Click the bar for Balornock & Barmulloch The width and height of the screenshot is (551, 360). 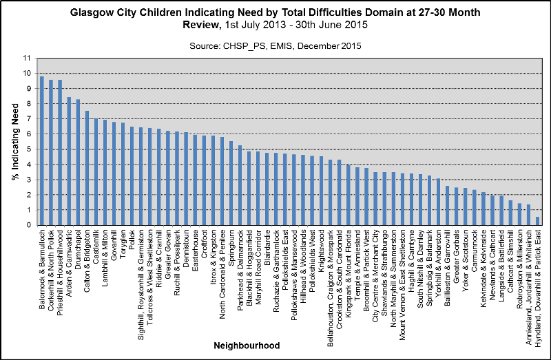(41, 151)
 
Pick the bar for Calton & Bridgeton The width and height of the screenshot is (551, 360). (87, 168)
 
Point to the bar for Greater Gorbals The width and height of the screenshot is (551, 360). (456, 206)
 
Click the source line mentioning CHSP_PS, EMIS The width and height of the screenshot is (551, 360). (275, 45)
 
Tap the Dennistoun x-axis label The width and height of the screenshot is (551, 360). (186, 249)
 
